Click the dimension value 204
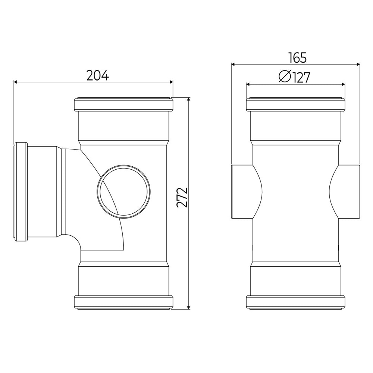click(97, 75)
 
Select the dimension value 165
click(297, 58)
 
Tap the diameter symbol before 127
click(285, 77)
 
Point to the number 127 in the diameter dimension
click(301, 77)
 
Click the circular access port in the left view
click(124, 190)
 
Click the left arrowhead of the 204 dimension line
click(16, 82)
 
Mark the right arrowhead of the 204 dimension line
click(171, 82)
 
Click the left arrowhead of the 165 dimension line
click(233, 64)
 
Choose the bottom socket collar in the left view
click(124, 302)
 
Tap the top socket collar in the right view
click(295, 105)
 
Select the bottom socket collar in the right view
click(295, 302)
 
